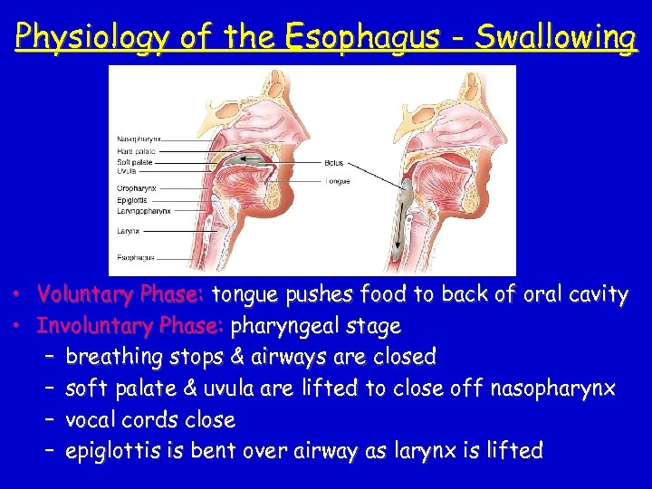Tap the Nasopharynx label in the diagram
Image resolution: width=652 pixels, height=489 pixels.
(139, 139)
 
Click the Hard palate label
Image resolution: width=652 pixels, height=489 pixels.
(136, 151)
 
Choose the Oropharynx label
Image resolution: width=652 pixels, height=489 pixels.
(137, 188)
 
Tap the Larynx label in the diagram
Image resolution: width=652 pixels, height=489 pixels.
(128, 231)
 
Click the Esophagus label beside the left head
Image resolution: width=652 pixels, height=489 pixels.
(135, 258)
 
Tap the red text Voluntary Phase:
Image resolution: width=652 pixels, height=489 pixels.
(122, 295)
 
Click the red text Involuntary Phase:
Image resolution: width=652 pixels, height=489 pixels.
(132, 325)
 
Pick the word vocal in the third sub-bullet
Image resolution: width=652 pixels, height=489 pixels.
(91, 419)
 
